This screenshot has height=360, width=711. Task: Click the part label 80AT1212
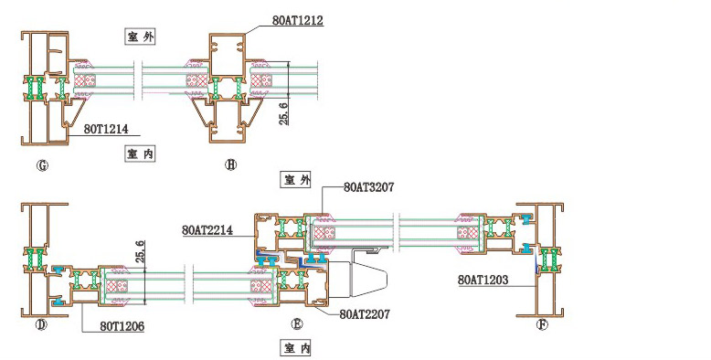pyautogui.click(x=297, y=20)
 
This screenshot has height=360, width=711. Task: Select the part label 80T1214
pyautogui.click(x=106, y=129)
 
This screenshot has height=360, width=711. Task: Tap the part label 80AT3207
pyautogui.click(x=368, y=186)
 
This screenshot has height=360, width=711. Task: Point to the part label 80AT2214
pyautogui.click(x=207, y=230)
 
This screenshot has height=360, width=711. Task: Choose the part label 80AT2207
pyautogui.click(x=365, y=313)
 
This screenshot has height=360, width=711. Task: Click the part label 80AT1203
pyautogui.click(x=483, y=280)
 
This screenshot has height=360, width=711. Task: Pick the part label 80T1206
pyautogui.click(x=122, y=326)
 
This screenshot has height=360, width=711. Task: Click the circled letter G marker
pyautogui.click(x=42, y=165)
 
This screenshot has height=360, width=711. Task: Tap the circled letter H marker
pyautogui.click(x=231, y=165)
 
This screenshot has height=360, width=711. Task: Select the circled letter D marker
pyautogui.click(x=41, y=325)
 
